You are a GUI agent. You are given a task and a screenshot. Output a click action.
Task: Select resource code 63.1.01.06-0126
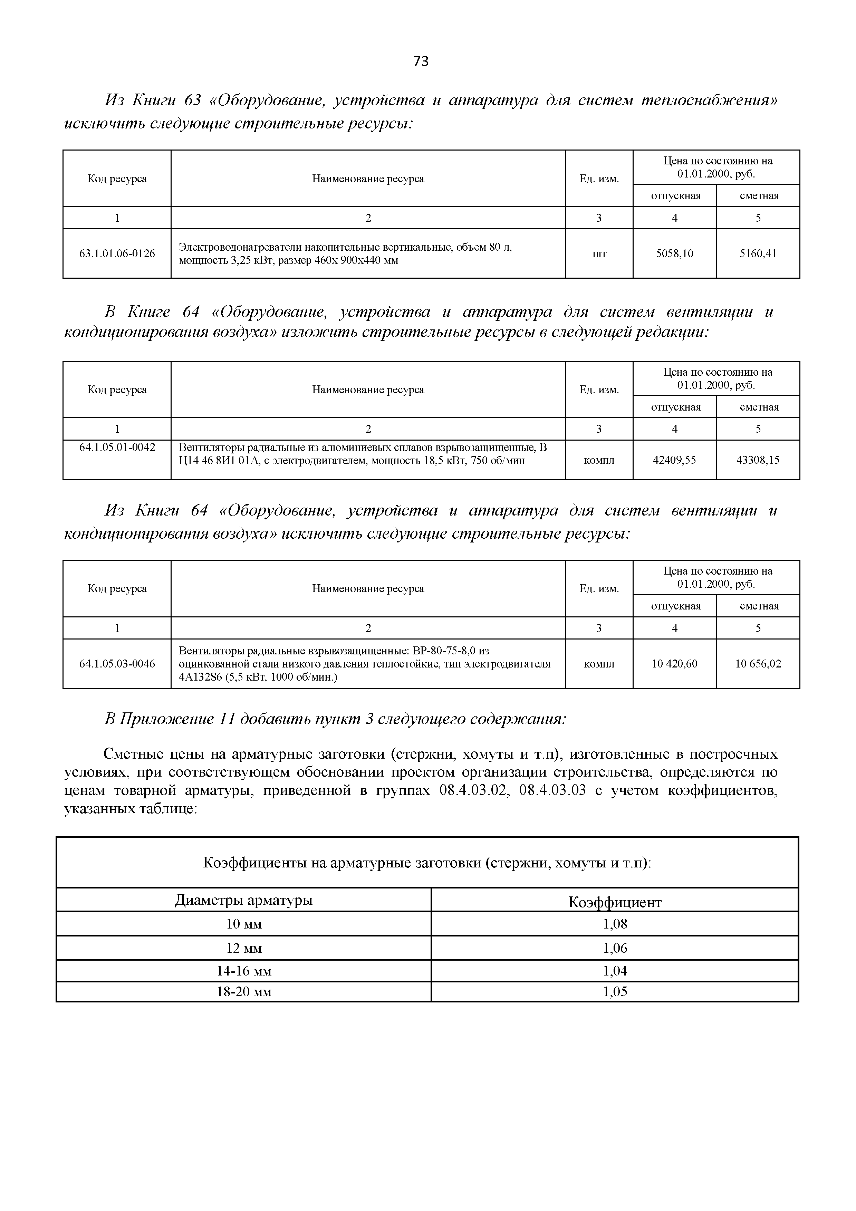pyautogui.click(x=117, y=254)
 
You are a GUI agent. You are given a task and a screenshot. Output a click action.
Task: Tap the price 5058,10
pyautogui.click(x=675, y=254)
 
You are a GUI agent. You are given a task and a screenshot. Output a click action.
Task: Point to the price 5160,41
pyautogui.click(x=758, y=254)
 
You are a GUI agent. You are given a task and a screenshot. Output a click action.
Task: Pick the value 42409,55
pyautogui.click(x=675, y=460)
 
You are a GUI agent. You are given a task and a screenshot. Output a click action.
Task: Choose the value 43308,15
pyautogui.click(x=758, y=460)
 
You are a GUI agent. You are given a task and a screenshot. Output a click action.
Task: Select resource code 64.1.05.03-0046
pyautogui.click(x=117, y=664)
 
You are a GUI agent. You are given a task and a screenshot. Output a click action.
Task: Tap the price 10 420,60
pyautogui.click(x=675, y=664)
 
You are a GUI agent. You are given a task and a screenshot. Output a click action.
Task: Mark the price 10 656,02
pyautogui.click(x=758, y=664)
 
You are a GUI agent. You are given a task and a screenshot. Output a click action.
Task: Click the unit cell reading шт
pyautogui.click(x=599, y=254)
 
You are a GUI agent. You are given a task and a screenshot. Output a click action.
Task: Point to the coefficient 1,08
pyautogui.click(x=615, y=924)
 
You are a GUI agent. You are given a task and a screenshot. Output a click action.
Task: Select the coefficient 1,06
pyautogui.click(x=615, y=948)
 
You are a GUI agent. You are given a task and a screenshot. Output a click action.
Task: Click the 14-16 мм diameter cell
pyautogui.click(x=244, y=971)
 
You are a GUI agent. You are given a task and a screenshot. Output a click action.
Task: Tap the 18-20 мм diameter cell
pyautogui.click(x=244, y=992)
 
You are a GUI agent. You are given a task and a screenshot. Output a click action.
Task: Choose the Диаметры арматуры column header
pyautogui.click(x=244, y=900)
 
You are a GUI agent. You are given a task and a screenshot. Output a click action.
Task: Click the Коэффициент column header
pyautogui.click(x=615, y=902)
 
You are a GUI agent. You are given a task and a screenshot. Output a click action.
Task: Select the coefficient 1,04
pyautogui.click(x=615, y=971)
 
